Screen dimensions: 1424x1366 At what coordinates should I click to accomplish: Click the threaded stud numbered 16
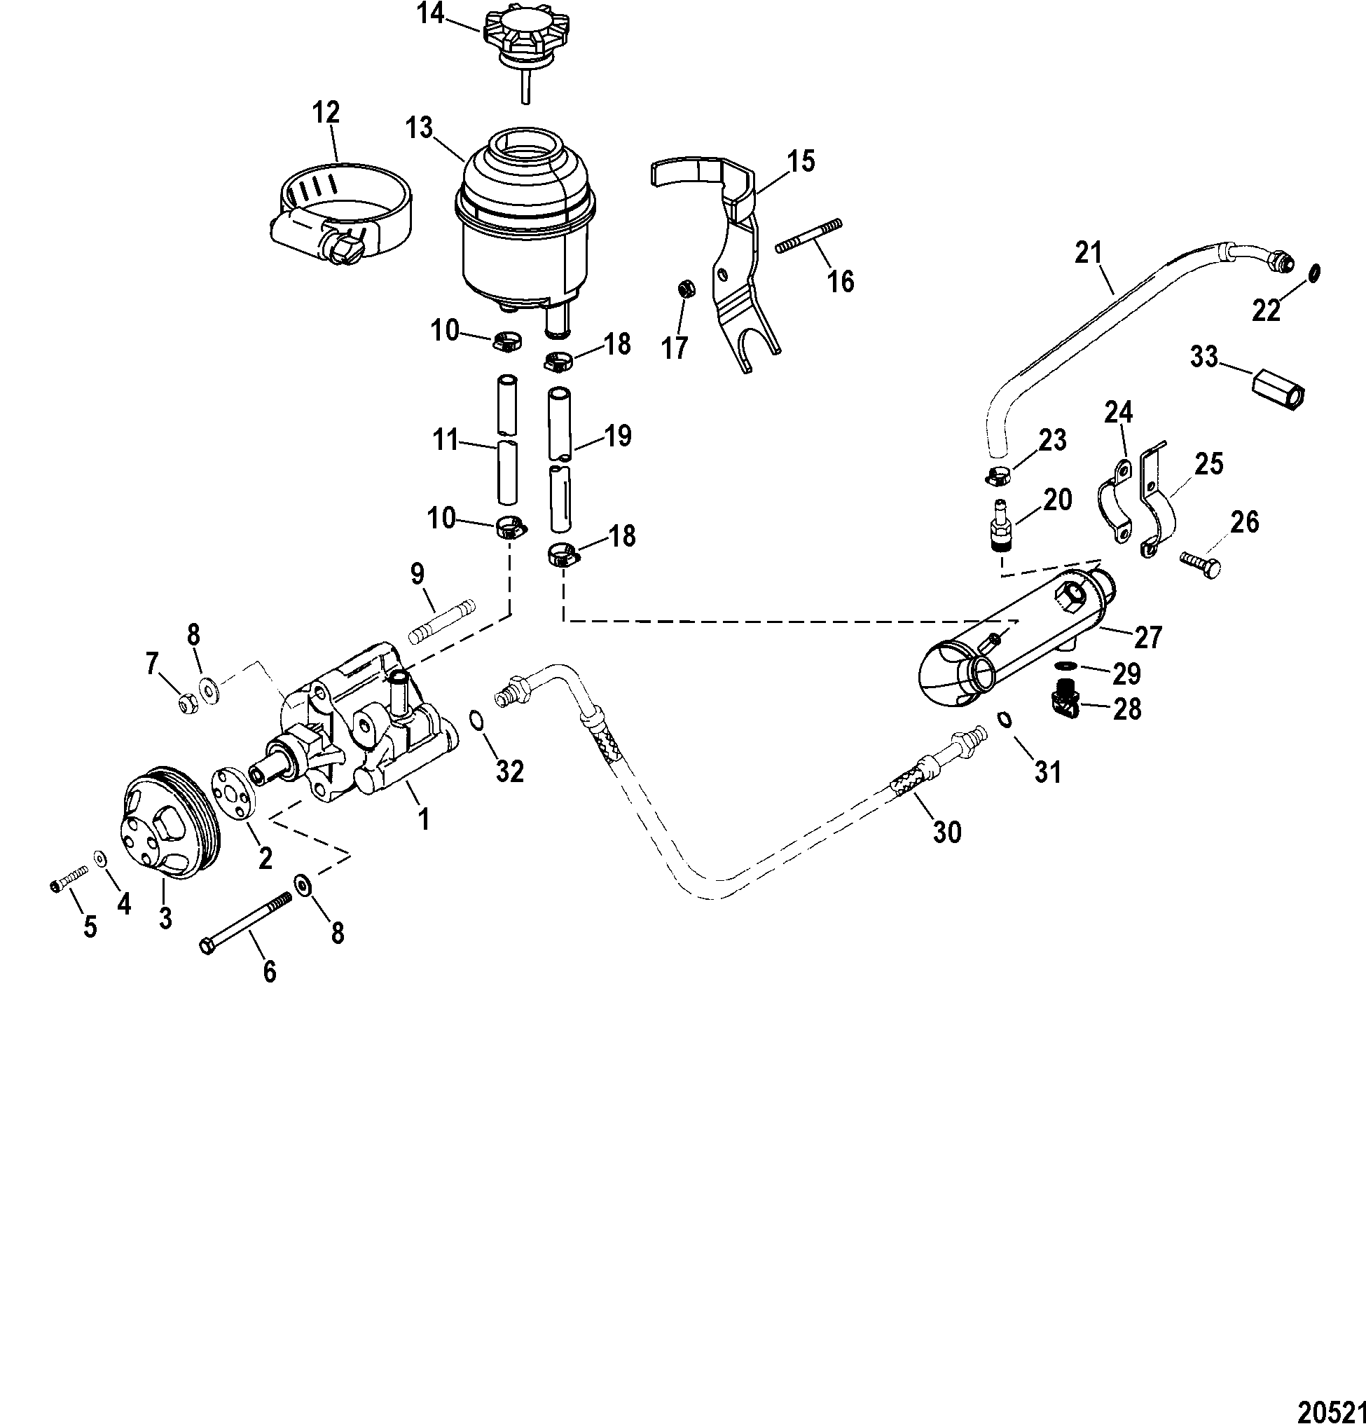[809, 236]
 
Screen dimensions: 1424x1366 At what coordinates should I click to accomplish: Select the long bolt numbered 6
[244, 923]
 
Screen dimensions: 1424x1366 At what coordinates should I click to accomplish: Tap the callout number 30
[946, 830]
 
